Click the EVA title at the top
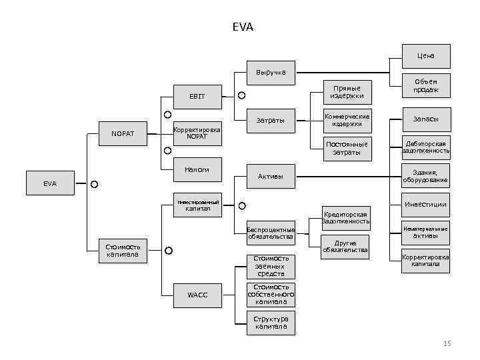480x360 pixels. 243,27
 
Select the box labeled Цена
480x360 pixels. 426,56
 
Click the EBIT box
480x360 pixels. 197,97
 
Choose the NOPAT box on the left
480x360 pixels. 122,134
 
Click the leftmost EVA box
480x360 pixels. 51,183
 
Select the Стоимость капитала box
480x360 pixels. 122,250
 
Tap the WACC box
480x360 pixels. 197,295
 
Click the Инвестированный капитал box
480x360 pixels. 197,205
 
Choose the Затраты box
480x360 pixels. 271,121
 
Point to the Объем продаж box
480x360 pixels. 426,85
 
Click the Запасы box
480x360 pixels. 426,119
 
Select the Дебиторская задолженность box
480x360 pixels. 426,147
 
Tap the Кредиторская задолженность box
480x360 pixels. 346,217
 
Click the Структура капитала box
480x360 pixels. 271,323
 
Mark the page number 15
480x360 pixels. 447,343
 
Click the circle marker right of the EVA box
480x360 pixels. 95,183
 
